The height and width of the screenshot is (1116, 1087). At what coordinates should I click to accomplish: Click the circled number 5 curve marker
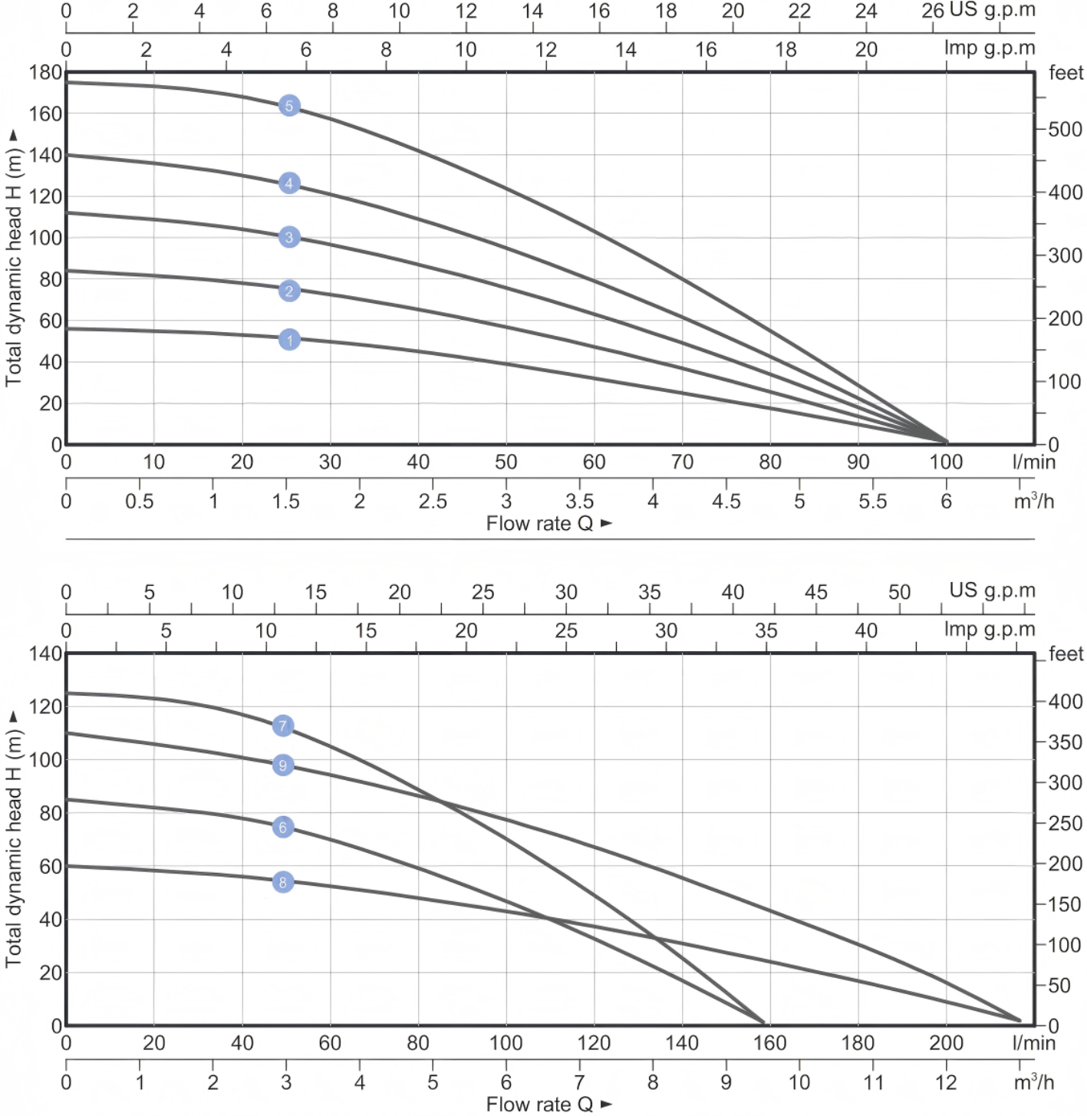(289, 106)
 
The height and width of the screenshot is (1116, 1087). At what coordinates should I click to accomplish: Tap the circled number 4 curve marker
(289, 183)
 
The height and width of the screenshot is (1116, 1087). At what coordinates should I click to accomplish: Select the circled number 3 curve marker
(289, 237)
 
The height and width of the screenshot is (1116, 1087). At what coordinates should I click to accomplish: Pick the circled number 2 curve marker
(289, 291)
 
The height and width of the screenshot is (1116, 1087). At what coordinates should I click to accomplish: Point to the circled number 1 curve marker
(289, 340)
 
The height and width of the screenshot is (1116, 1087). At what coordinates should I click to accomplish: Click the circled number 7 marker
(283, 726)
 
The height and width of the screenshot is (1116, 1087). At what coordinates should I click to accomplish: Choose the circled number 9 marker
(283, 765)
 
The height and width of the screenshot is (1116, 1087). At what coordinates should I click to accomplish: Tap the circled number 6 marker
(283, 827)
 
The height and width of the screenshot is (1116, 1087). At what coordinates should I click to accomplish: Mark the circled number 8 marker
(283, 882)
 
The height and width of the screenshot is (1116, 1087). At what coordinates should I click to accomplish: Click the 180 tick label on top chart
(45, 73)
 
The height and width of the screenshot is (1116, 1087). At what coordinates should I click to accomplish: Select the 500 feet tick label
(1065, 129)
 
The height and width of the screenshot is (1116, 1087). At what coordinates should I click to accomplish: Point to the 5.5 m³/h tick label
(872, 502)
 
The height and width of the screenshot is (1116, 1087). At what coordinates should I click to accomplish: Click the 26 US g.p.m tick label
(932, 11)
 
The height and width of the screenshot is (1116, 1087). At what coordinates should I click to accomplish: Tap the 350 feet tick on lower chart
(1065, 742)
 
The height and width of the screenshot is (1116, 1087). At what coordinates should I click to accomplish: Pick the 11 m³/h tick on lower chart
(872, 1082)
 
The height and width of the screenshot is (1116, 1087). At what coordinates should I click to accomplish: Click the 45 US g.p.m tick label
(815, 592)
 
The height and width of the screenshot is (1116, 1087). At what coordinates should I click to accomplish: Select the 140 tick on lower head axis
(45, 653)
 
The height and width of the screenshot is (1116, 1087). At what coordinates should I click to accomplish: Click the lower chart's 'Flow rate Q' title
(540, 1104)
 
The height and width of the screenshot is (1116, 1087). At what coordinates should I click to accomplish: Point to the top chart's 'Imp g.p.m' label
(989, 48)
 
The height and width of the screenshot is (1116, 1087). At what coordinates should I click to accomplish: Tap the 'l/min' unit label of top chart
(1033, 462)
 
